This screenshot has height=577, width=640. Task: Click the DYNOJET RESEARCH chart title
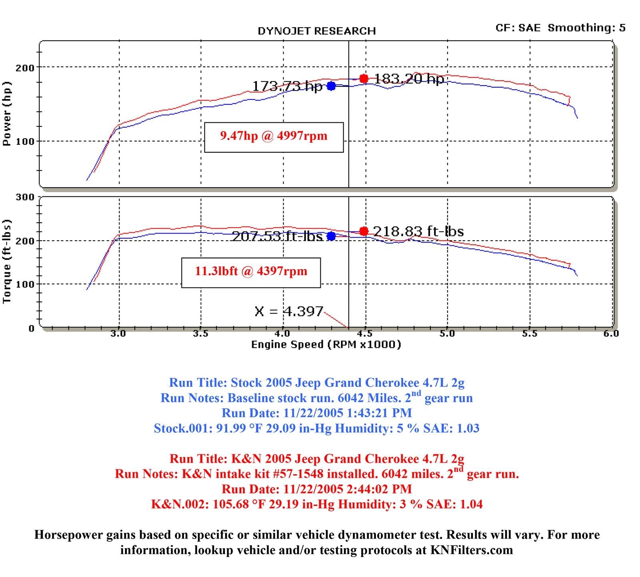point(316,31)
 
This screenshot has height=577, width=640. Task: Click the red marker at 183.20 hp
point(364,79)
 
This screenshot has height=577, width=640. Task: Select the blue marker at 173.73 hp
point(331,86)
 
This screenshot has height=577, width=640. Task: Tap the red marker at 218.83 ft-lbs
point(364,231)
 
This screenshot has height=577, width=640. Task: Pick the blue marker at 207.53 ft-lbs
point(331,236)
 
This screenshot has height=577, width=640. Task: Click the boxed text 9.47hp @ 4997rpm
point(274,136)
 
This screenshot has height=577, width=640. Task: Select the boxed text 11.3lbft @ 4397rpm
point(251,272)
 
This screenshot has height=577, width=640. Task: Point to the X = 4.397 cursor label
point(288,311)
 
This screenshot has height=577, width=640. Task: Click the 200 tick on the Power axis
point(24,68)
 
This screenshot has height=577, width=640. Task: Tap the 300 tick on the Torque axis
point(24,197)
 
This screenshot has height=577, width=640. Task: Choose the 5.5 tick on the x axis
point(530,334)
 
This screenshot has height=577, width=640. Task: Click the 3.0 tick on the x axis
point(118,334)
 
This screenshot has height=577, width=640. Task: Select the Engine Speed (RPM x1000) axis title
point(326,344)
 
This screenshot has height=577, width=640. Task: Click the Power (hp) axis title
point(7,114)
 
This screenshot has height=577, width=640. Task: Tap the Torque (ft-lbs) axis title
point(7,261)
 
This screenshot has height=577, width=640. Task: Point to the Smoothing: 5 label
point(586,28)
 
